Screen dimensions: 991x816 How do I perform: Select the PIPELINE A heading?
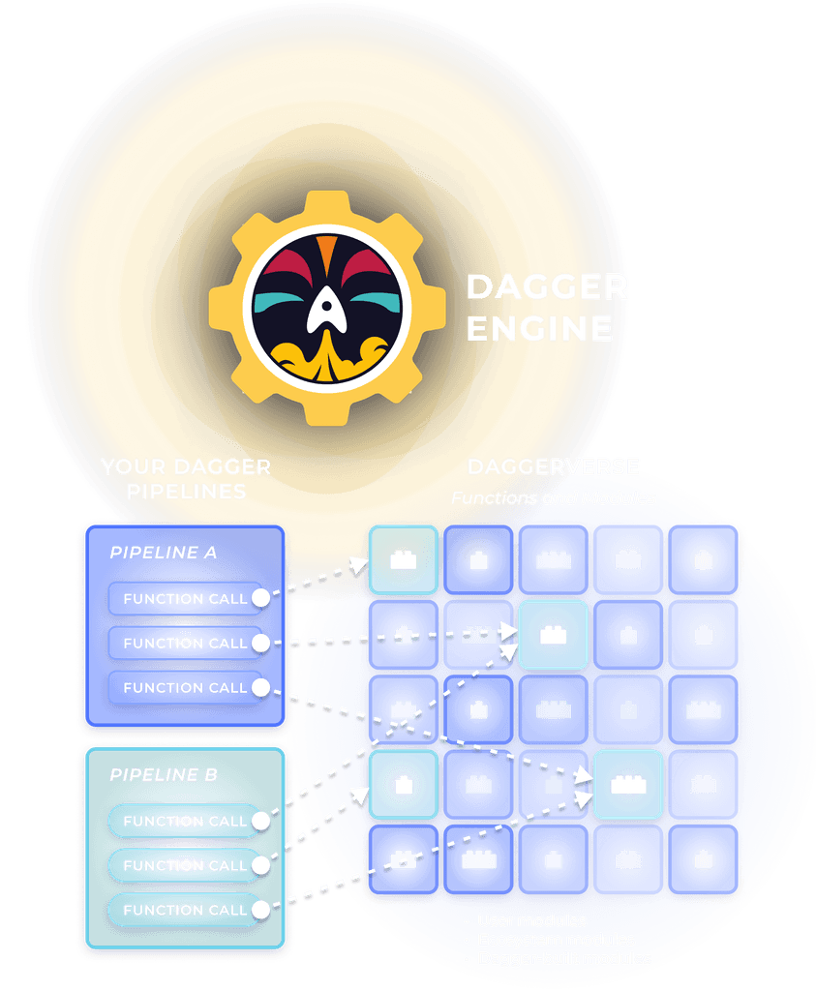(164, 553)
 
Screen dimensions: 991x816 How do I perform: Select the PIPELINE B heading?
(164, 775)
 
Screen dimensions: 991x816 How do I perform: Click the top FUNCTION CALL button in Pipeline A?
(185, 599)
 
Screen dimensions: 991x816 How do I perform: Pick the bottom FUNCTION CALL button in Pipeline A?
(185, 688)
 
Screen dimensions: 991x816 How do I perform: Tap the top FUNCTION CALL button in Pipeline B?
(185, 822)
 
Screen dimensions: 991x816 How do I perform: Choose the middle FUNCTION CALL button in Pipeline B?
(185, 866)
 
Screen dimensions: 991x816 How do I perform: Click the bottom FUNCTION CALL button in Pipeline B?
(185, 911)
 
